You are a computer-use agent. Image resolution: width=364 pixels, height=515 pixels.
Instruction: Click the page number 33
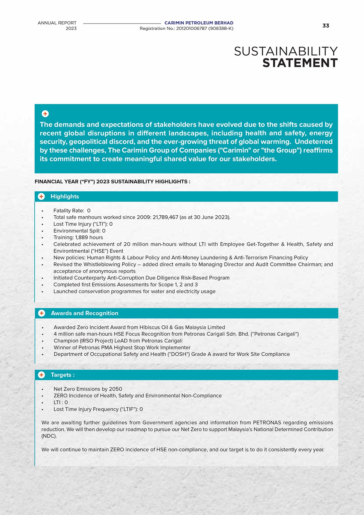click(x=326, y=26)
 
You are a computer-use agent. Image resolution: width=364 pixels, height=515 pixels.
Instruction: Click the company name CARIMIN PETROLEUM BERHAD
click(x=199, y=23)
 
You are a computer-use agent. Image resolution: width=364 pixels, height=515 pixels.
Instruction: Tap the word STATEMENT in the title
click(x=300, y=63)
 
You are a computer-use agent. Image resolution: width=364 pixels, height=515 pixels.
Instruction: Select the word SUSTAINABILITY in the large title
click(x=286, y=51)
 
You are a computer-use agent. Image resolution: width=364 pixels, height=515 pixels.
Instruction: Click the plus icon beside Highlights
click(x=41, y=197)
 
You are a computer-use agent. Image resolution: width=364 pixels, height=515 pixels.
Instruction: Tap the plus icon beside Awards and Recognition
click(x=42, y=313)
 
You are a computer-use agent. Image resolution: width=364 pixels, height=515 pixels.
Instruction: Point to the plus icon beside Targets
click(x=42, y=375)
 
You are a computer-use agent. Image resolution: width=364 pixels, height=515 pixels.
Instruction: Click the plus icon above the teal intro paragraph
click(x=45, y=114)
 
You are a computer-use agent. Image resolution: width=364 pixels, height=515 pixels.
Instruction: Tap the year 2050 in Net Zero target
click(x=116, y=389)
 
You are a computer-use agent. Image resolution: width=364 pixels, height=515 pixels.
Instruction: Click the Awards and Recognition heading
click(x=84, y=313)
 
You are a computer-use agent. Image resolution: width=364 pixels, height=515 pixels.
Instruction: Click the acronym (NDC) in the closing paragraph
click(x=49, y=436)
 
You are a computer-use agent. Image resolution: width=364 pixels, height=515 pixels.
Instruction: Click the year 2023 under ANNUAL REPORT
click(x=71, y=28)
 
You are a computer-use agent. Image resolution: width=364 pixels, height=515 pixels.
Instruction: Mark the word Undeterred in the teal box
click(x=314, y=142)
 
